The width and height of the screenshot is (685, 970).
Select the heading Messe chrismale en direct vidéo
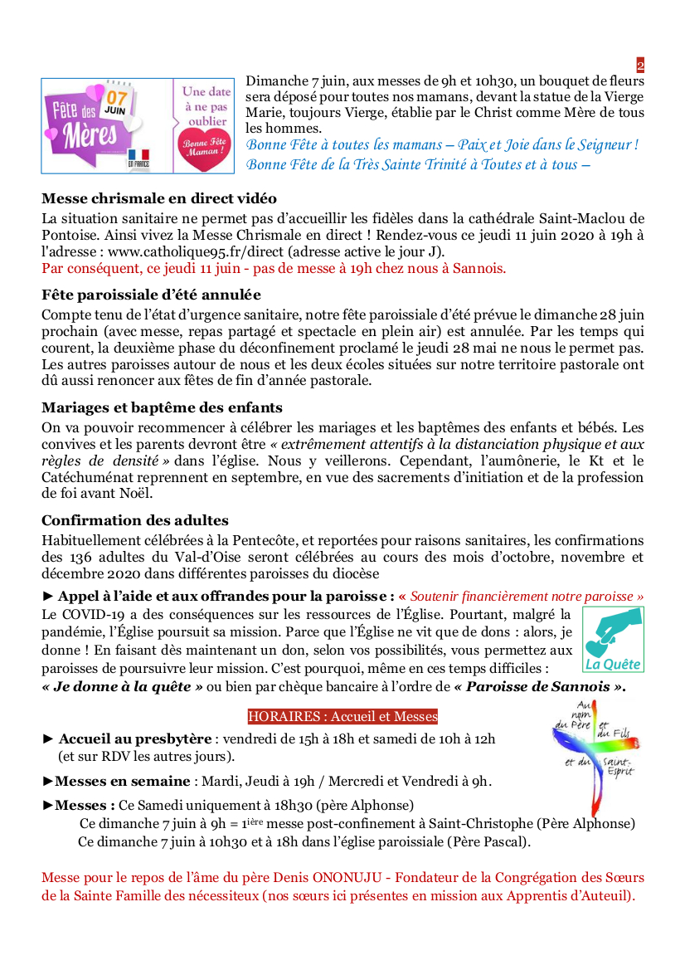tap(159, 199)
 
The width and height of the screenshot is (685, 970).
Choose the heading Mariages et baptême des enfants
tap(162, 407)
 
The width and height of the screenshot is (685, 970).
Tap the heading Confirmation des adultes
tap(135, 520)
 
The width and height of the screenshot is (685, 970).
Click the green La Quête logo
tap(613, 639)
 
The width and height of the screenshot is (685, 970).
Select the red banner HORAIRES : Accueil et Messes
tap(342, 716)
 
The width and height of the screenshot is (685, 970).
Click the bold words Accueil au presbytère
tap(136, 738)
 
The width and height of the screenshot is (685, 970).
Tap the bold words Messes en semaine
tap(122, 781)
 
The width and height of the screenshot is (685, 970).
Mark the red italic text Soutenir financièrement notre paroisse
tap(527, 597)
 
